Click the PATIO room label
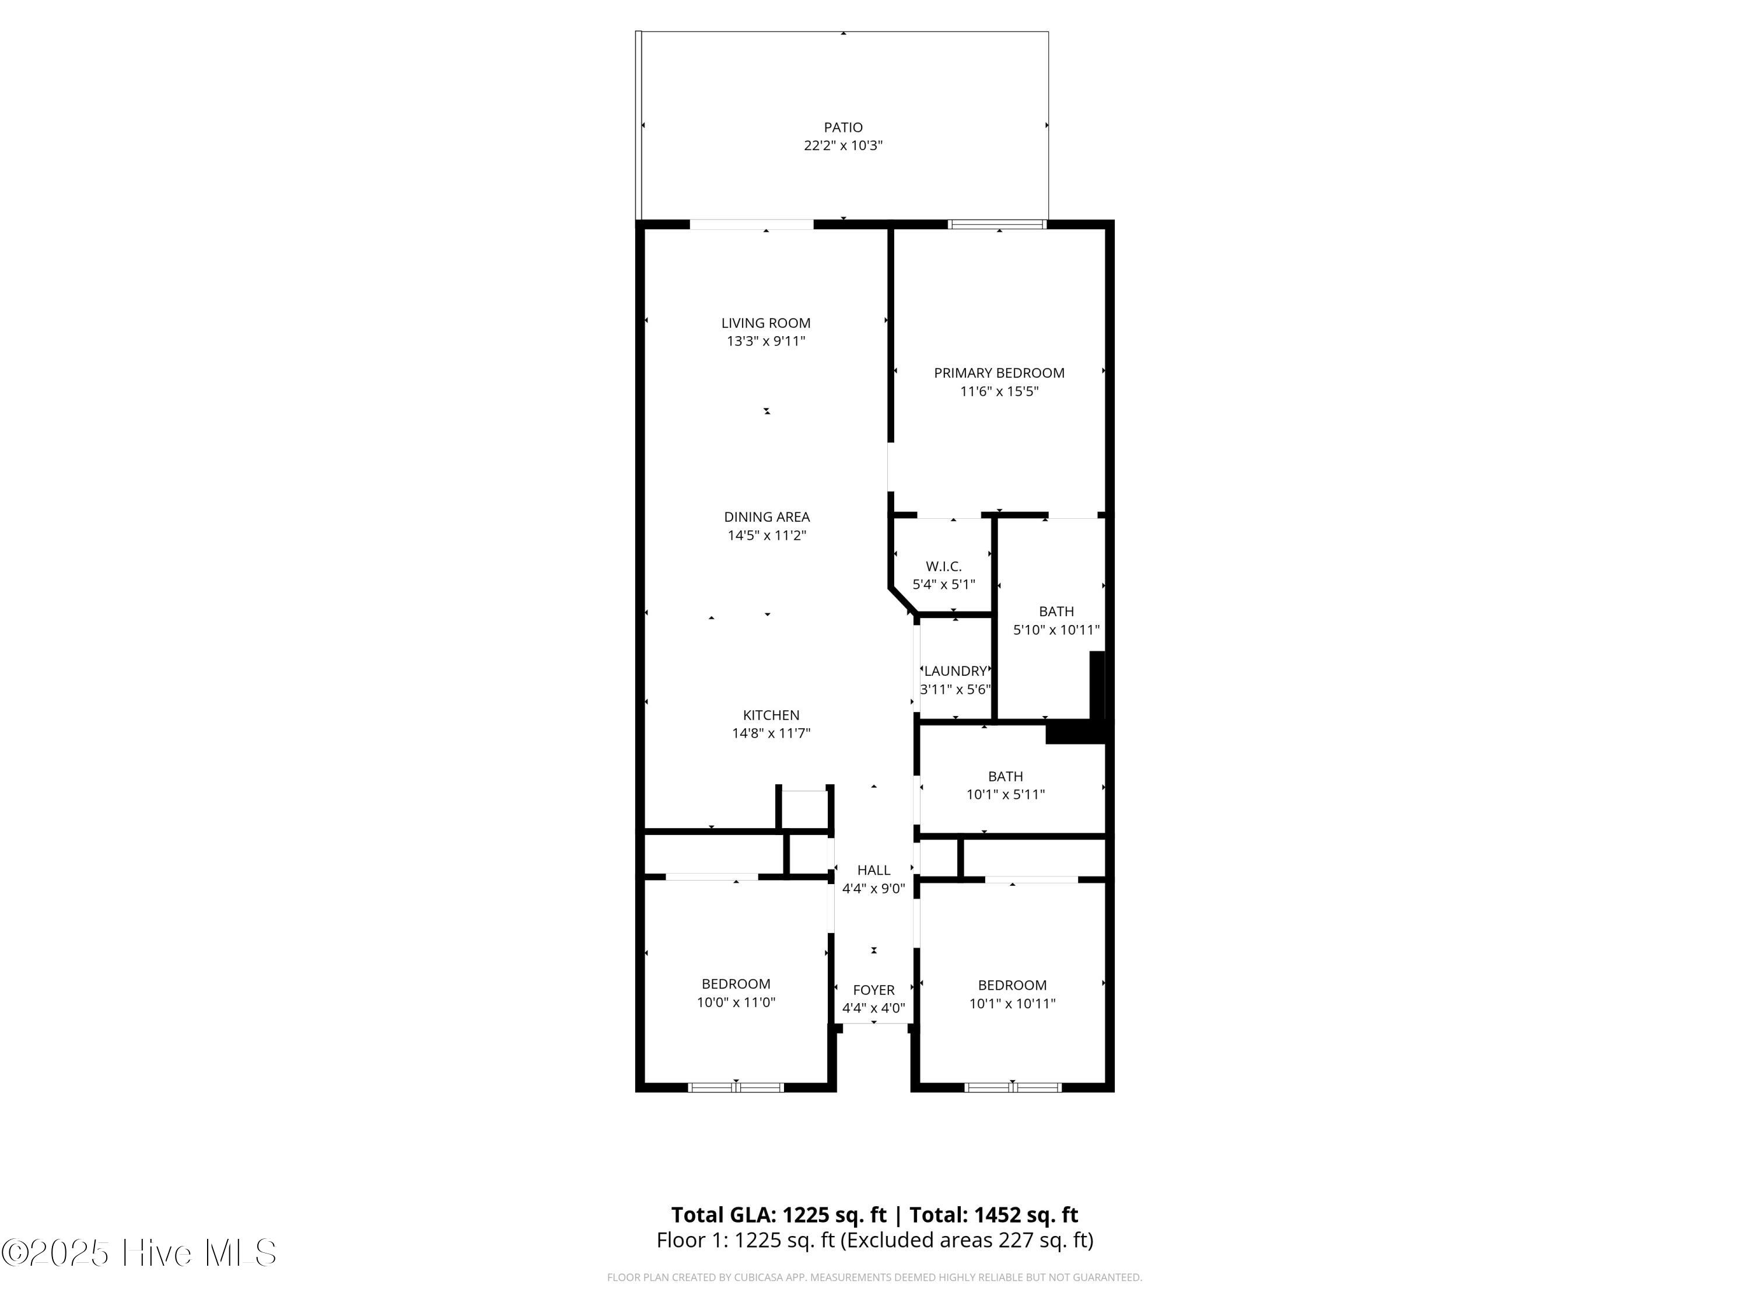point(843,127)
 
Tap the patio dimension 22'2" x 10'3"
point(843,146)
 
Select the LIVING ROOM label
point(766,323)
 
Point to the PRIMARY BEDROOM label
point(999,373)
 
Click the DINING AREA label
point(766,517)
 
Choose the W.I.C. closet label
point(944,567)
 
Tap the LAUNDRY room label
point(956,671)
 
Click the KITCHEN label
point(771,715)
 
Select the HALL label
point(873,870)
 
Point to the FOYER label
point(873,990)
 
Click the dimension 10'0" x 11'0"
point(736,1003)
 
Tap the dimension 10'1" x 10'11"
point(1013,1004)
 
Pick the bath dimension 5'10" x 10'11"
point(1056,630)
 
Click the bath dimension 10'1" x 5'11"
point(1006,795)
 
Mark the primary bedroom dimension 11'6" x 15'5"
point(999,391)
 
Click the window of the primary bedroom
point(998,224)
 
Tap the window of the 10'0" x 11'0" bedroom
point(736,1087)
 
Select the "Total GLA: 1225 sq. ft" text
point(779,1215)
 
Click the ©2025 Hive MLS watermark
point(139,1252)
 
